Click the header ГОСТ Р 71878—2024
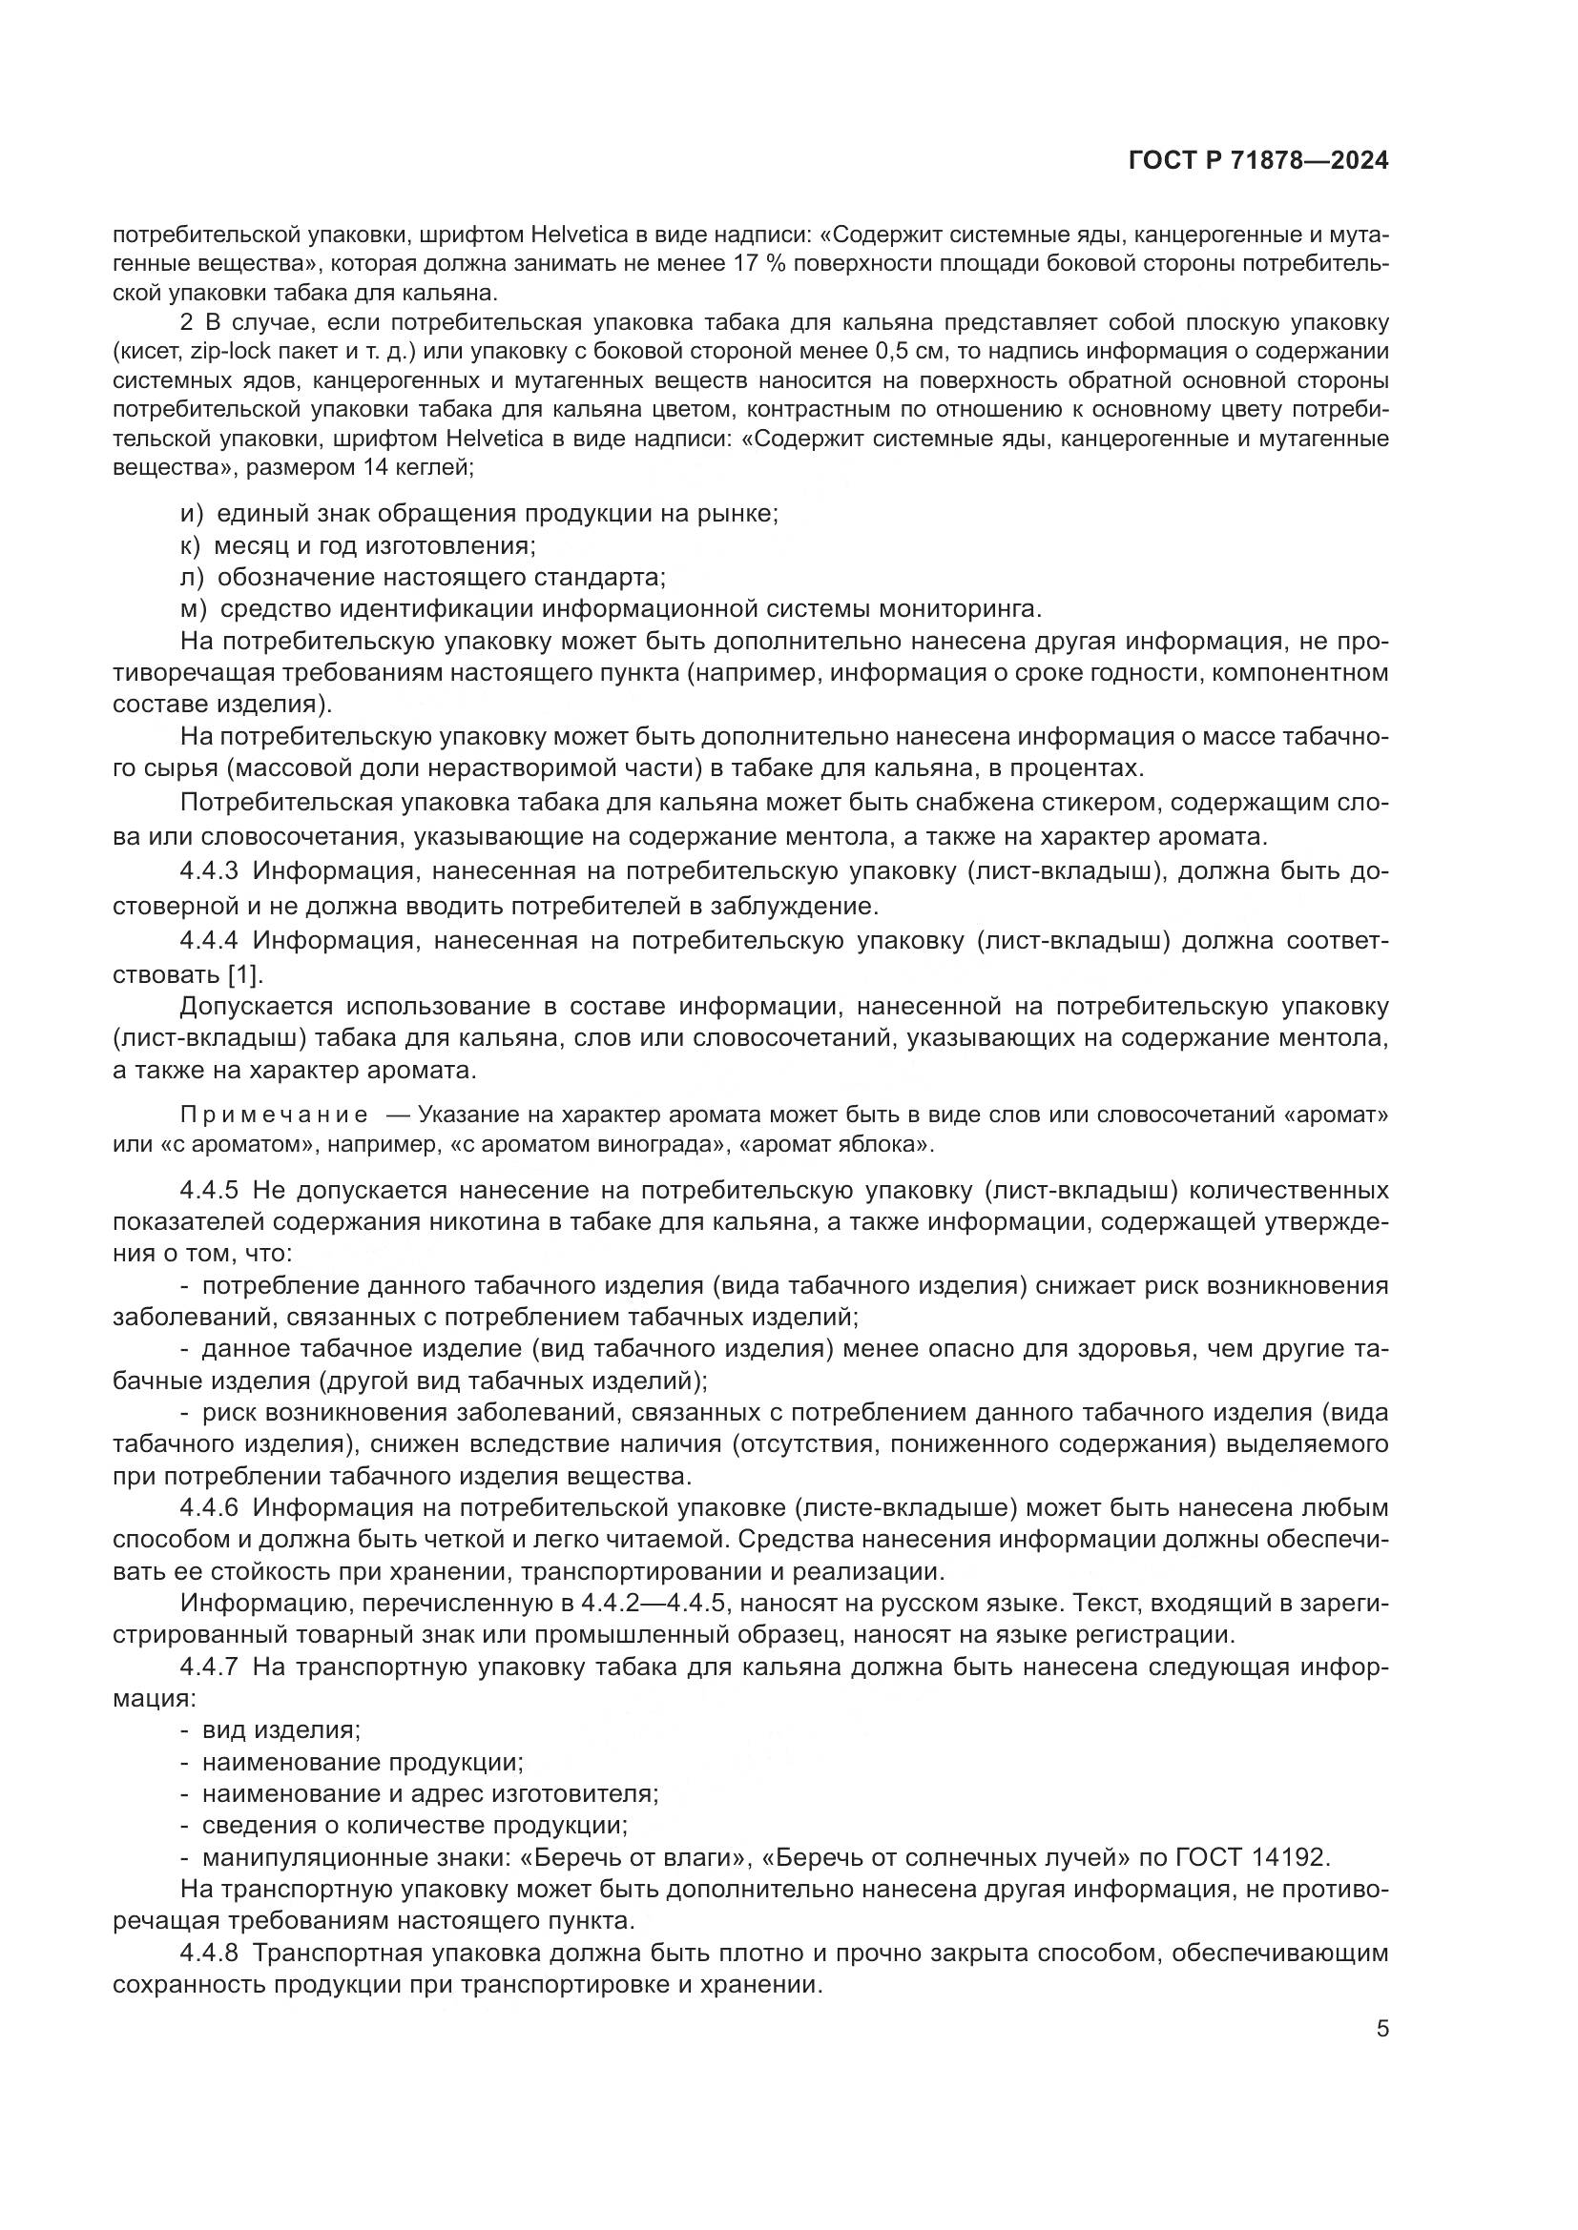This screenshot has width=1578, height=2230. click(1258, 160)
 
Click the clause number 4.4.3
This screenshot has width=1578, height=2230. click(209, 871)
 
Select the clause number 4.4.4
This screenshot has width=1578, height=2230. click(209, 940)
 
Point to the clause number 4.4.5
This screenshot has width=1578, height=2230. click(209, 1191)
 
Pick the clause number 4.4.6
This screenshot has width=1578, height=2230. click(209, 1508)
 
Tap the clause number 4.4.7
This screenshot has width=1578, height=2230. click(209, 1667)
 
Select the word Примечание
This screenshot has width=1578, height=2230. click(274, 1114)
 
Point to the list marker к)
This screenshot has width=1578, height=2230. click(191, 545)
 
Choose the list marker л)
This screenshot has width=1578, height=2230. click(192, 577)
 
